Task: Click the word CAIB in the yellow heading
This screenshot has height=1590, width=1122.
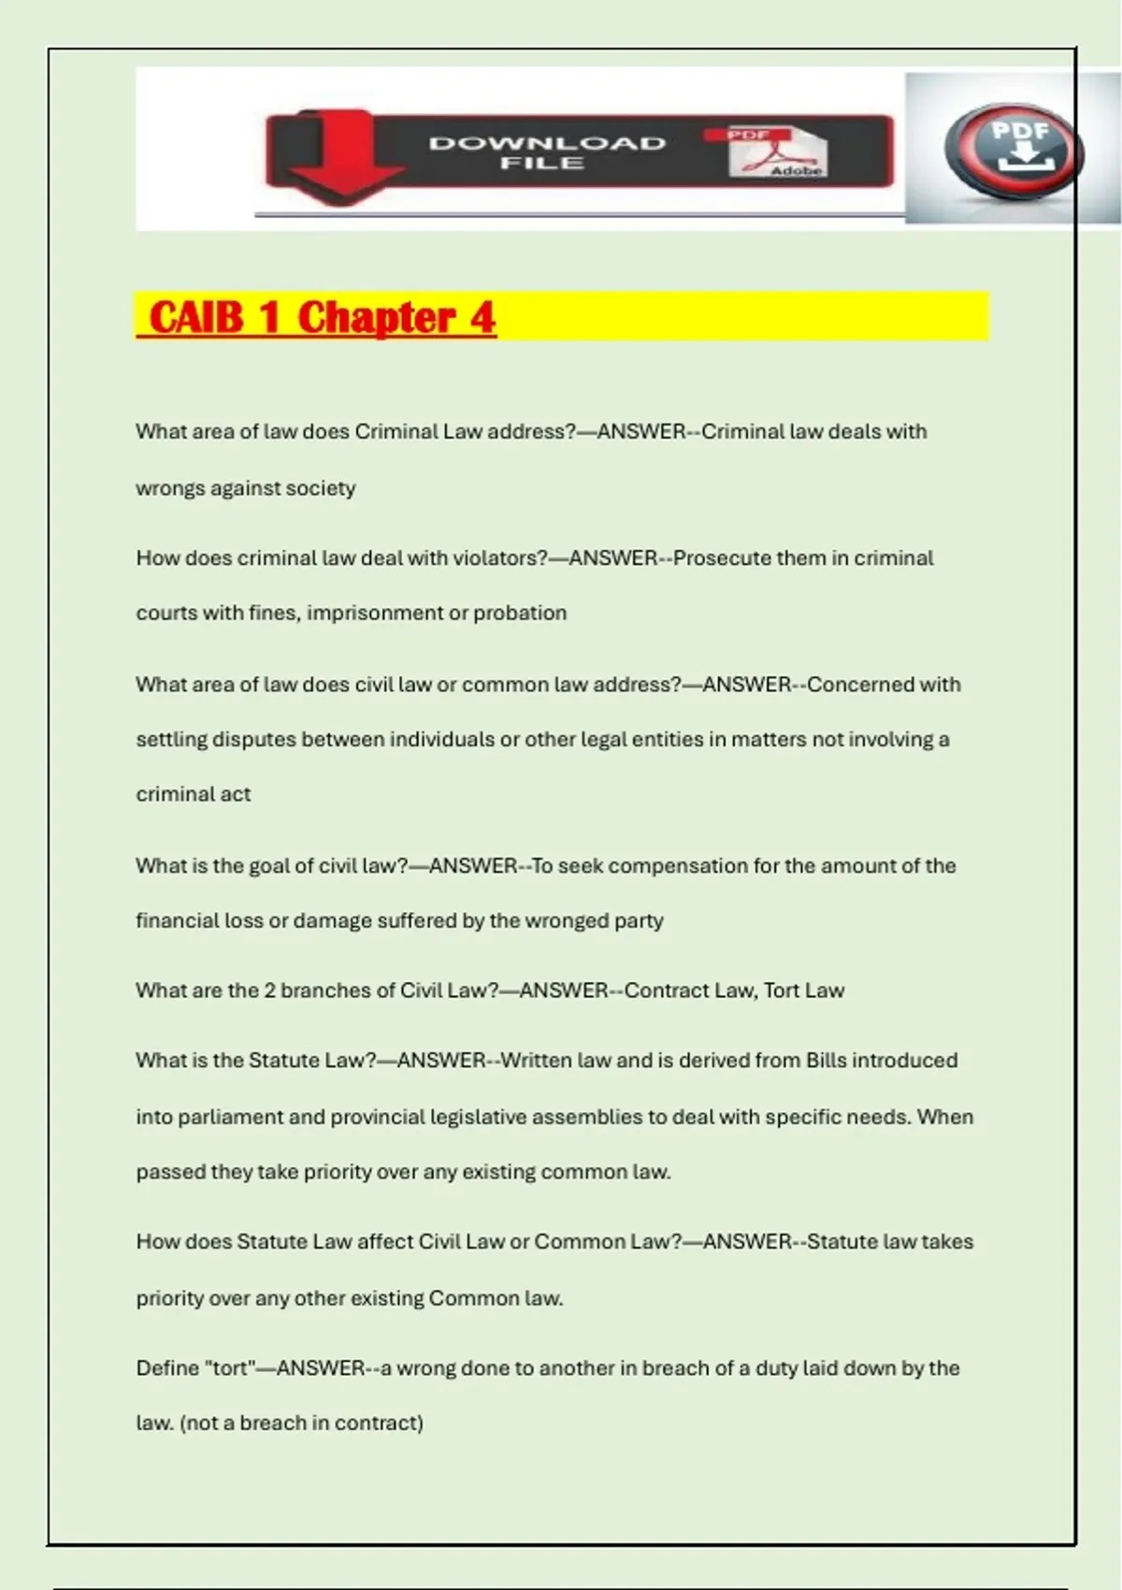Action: coord(195,317)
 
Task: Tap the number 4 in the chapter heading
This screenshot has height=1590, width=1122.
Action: coord(482,317)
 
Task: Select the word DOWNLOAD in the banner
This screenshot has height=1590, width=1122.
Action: coord(547,143)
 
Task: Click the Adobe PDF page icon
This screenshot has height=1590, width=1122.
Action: coord(778,152)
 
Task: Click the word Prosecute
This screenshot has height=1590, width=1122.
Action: coord(721,558)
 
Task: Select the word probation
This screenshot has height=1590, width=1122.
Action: coord(520,613)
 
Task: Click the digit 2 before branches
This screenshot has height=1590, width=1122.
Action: coord(269,990)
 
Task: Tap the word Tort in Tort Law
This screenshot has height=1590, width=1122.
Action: coord(781,990)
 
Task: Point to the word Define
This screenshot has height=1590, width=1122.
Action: coord(166,1368)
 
